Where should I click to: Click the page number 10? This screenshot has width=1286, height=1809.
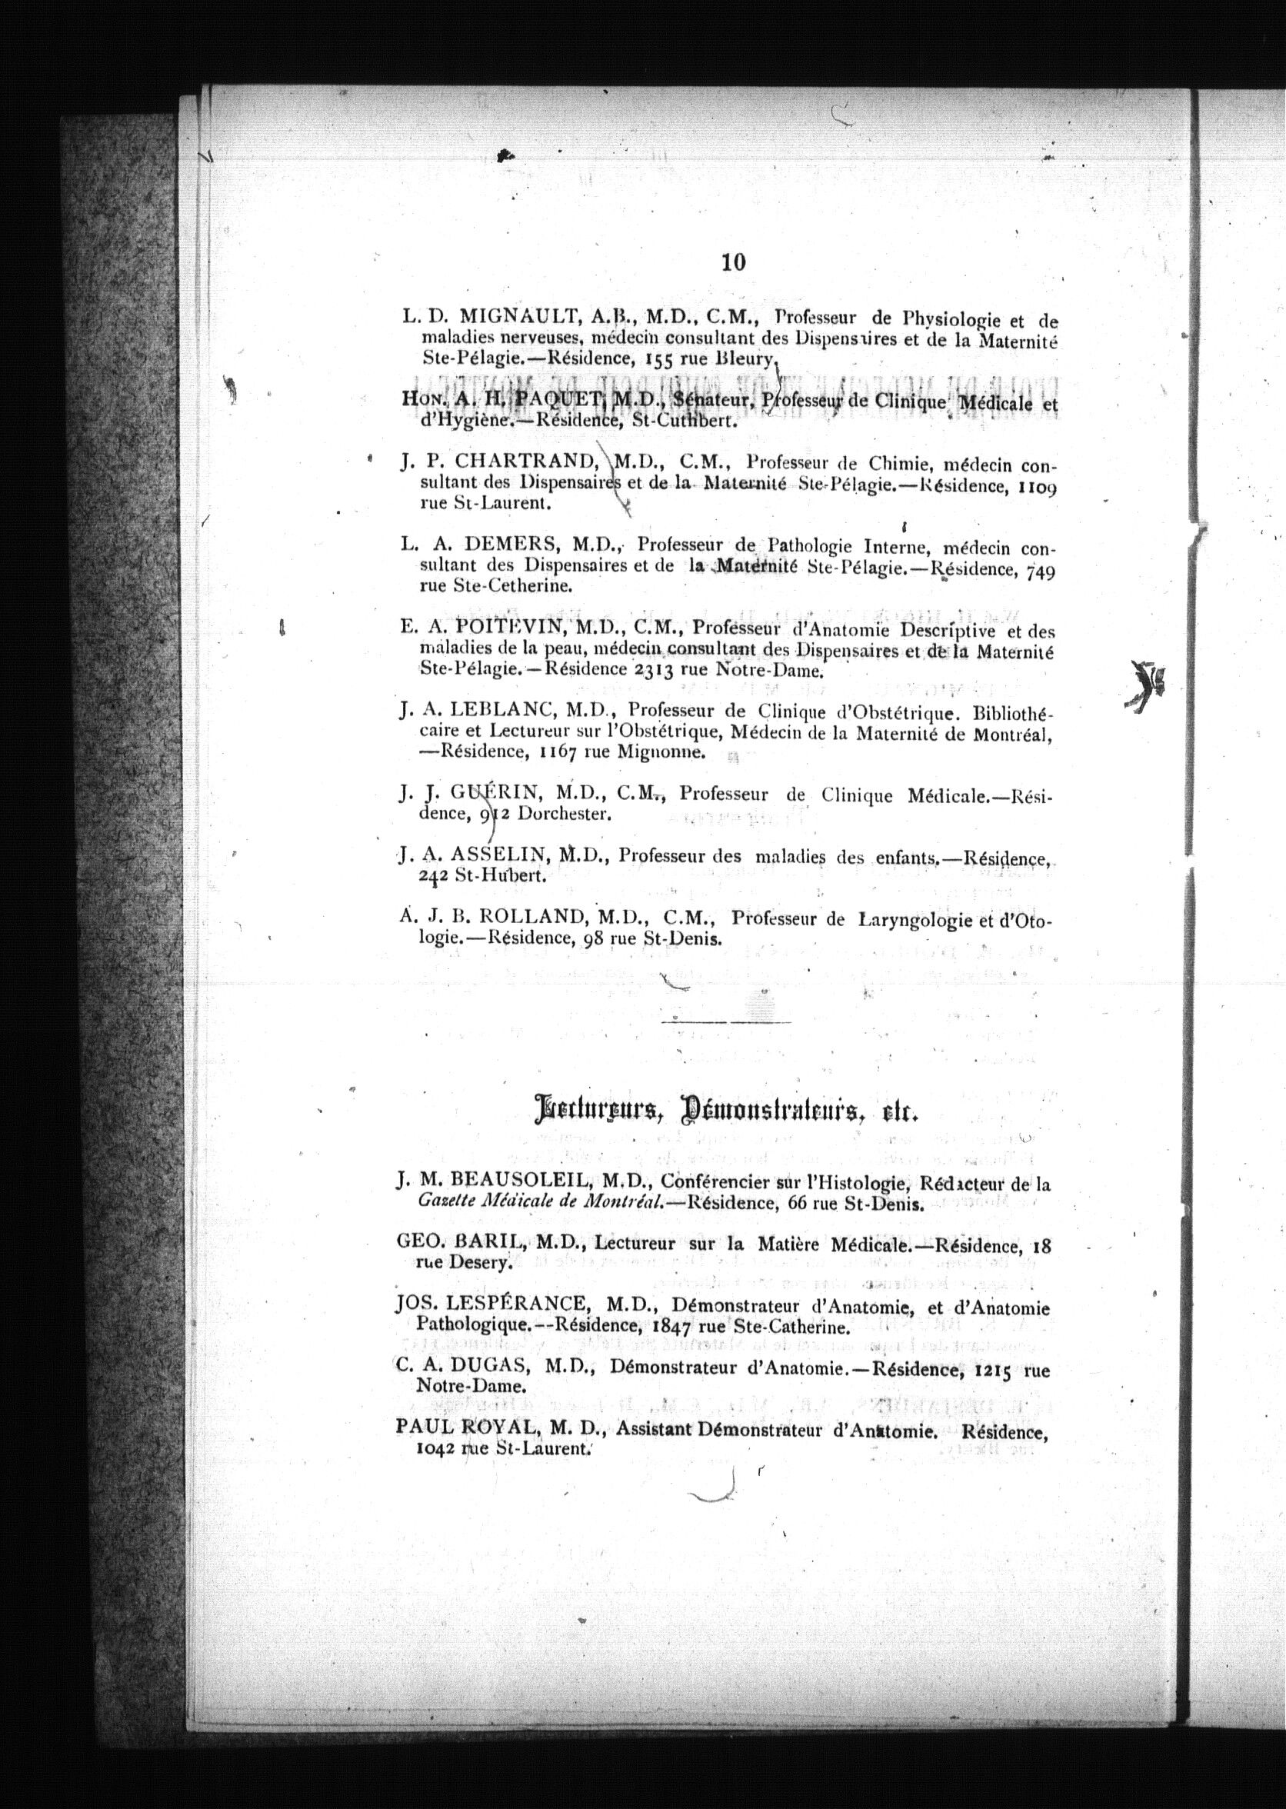point(733,264)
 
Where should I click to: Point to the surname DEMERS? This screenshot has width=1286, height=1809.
point(513,545)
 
